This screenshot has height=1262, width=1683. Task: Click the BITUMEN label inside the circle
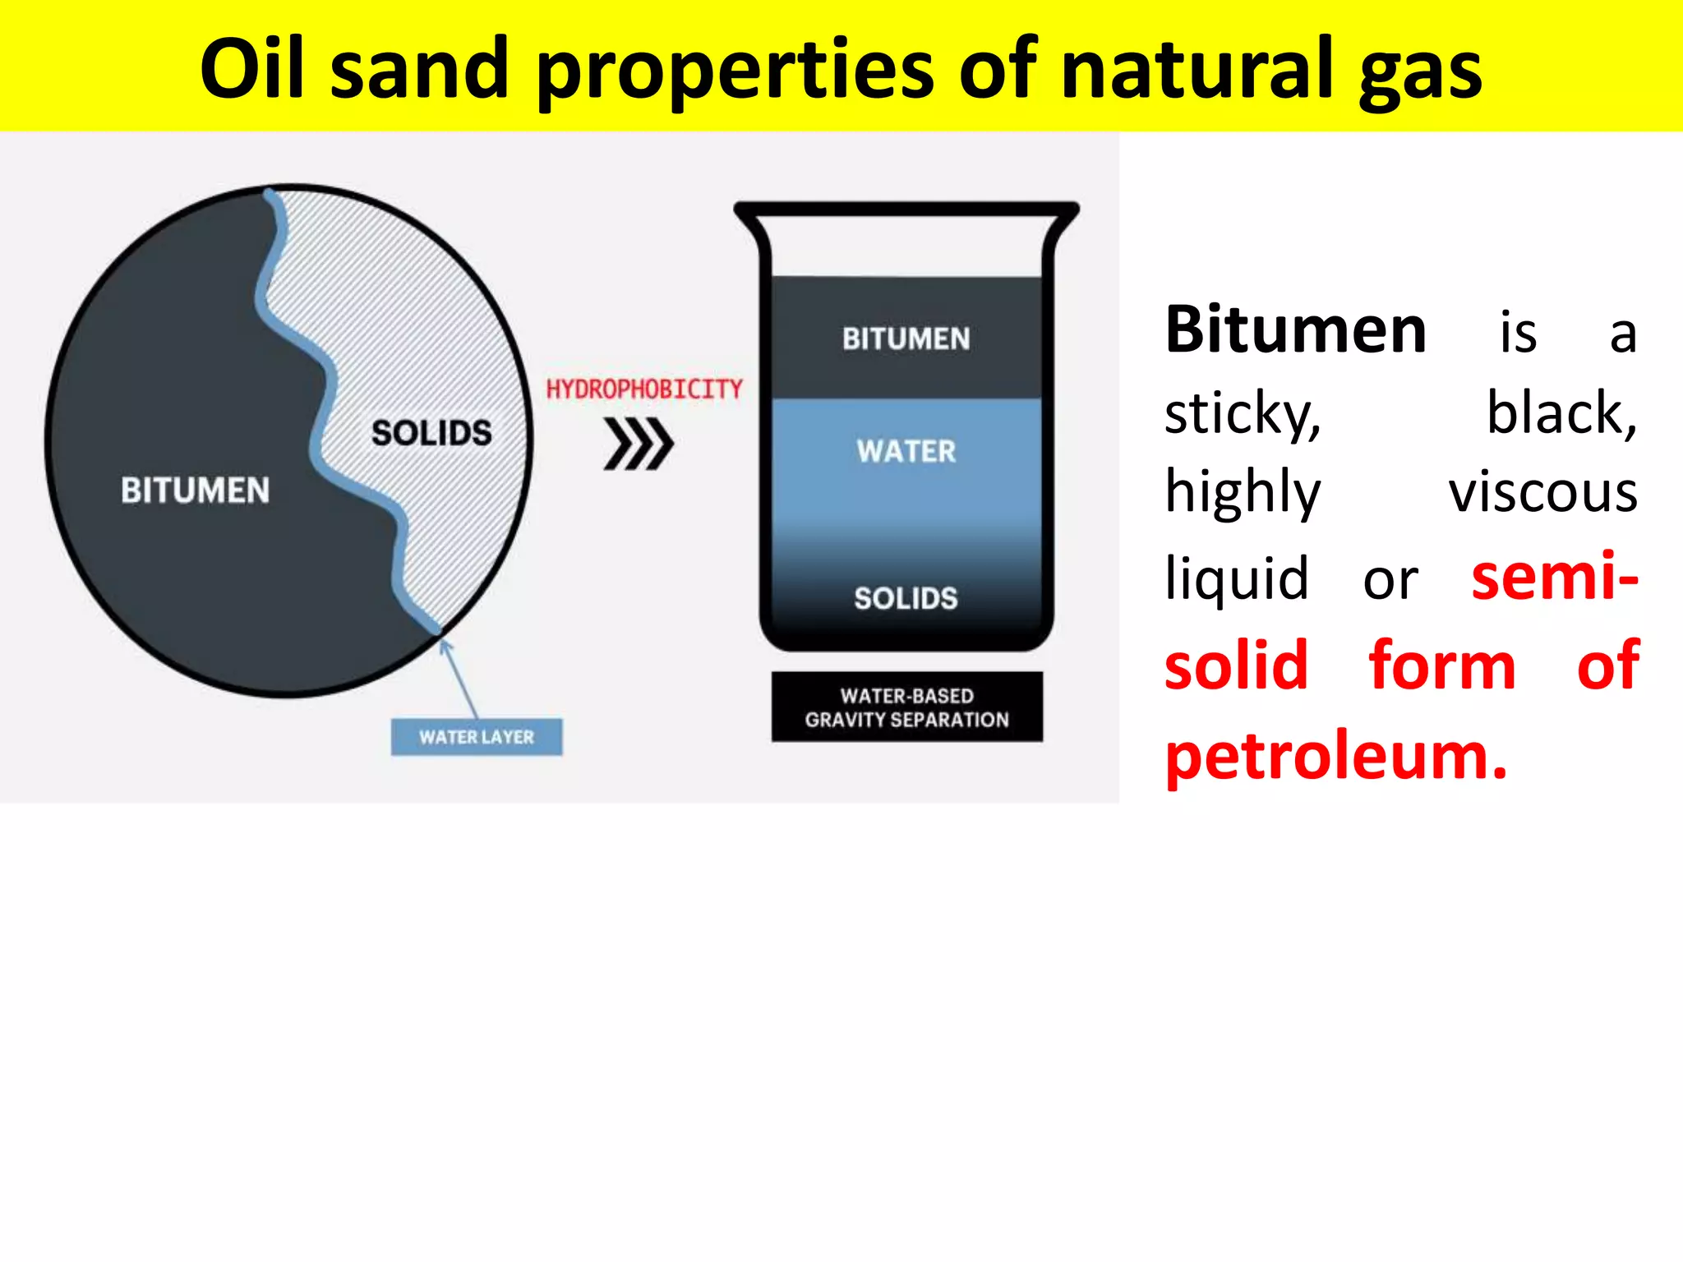coord(196,491)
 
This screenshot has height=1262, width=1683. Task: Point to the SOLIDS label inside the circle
coord(431,433)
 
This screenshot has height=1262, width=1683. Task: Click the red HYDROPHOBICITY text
coord(644,389)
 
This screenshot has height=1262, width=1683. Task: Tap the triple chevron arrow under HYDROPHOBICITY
coord(639,444)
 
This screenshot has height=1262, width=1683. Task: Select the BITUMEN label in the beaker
coord(906,339)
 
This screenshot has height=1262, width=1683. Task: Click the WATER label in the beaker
coord(906,451)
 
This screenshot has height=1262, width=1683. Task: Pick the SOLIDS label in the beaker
coord(906,598)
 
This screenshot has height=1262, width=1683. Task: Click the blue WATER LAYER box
coord(477,737)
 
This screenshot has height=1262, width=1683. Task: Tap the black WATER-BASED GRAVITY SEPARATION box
coord(906,707)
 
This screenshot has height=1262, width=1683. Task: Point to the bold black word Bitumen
coord(1296,330)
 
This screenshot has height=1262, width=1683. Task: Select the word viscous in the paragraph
coord(1542,493)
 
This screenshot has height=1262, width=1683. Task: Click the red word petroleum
coord(1336,755)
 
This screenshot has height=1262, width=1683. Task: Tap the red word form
coord(1442,666)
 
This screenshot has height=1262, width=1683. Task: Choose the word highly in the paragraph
coord(1243,493)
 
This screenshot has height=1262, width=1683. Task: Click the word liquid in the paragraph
coord(1237,578)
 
